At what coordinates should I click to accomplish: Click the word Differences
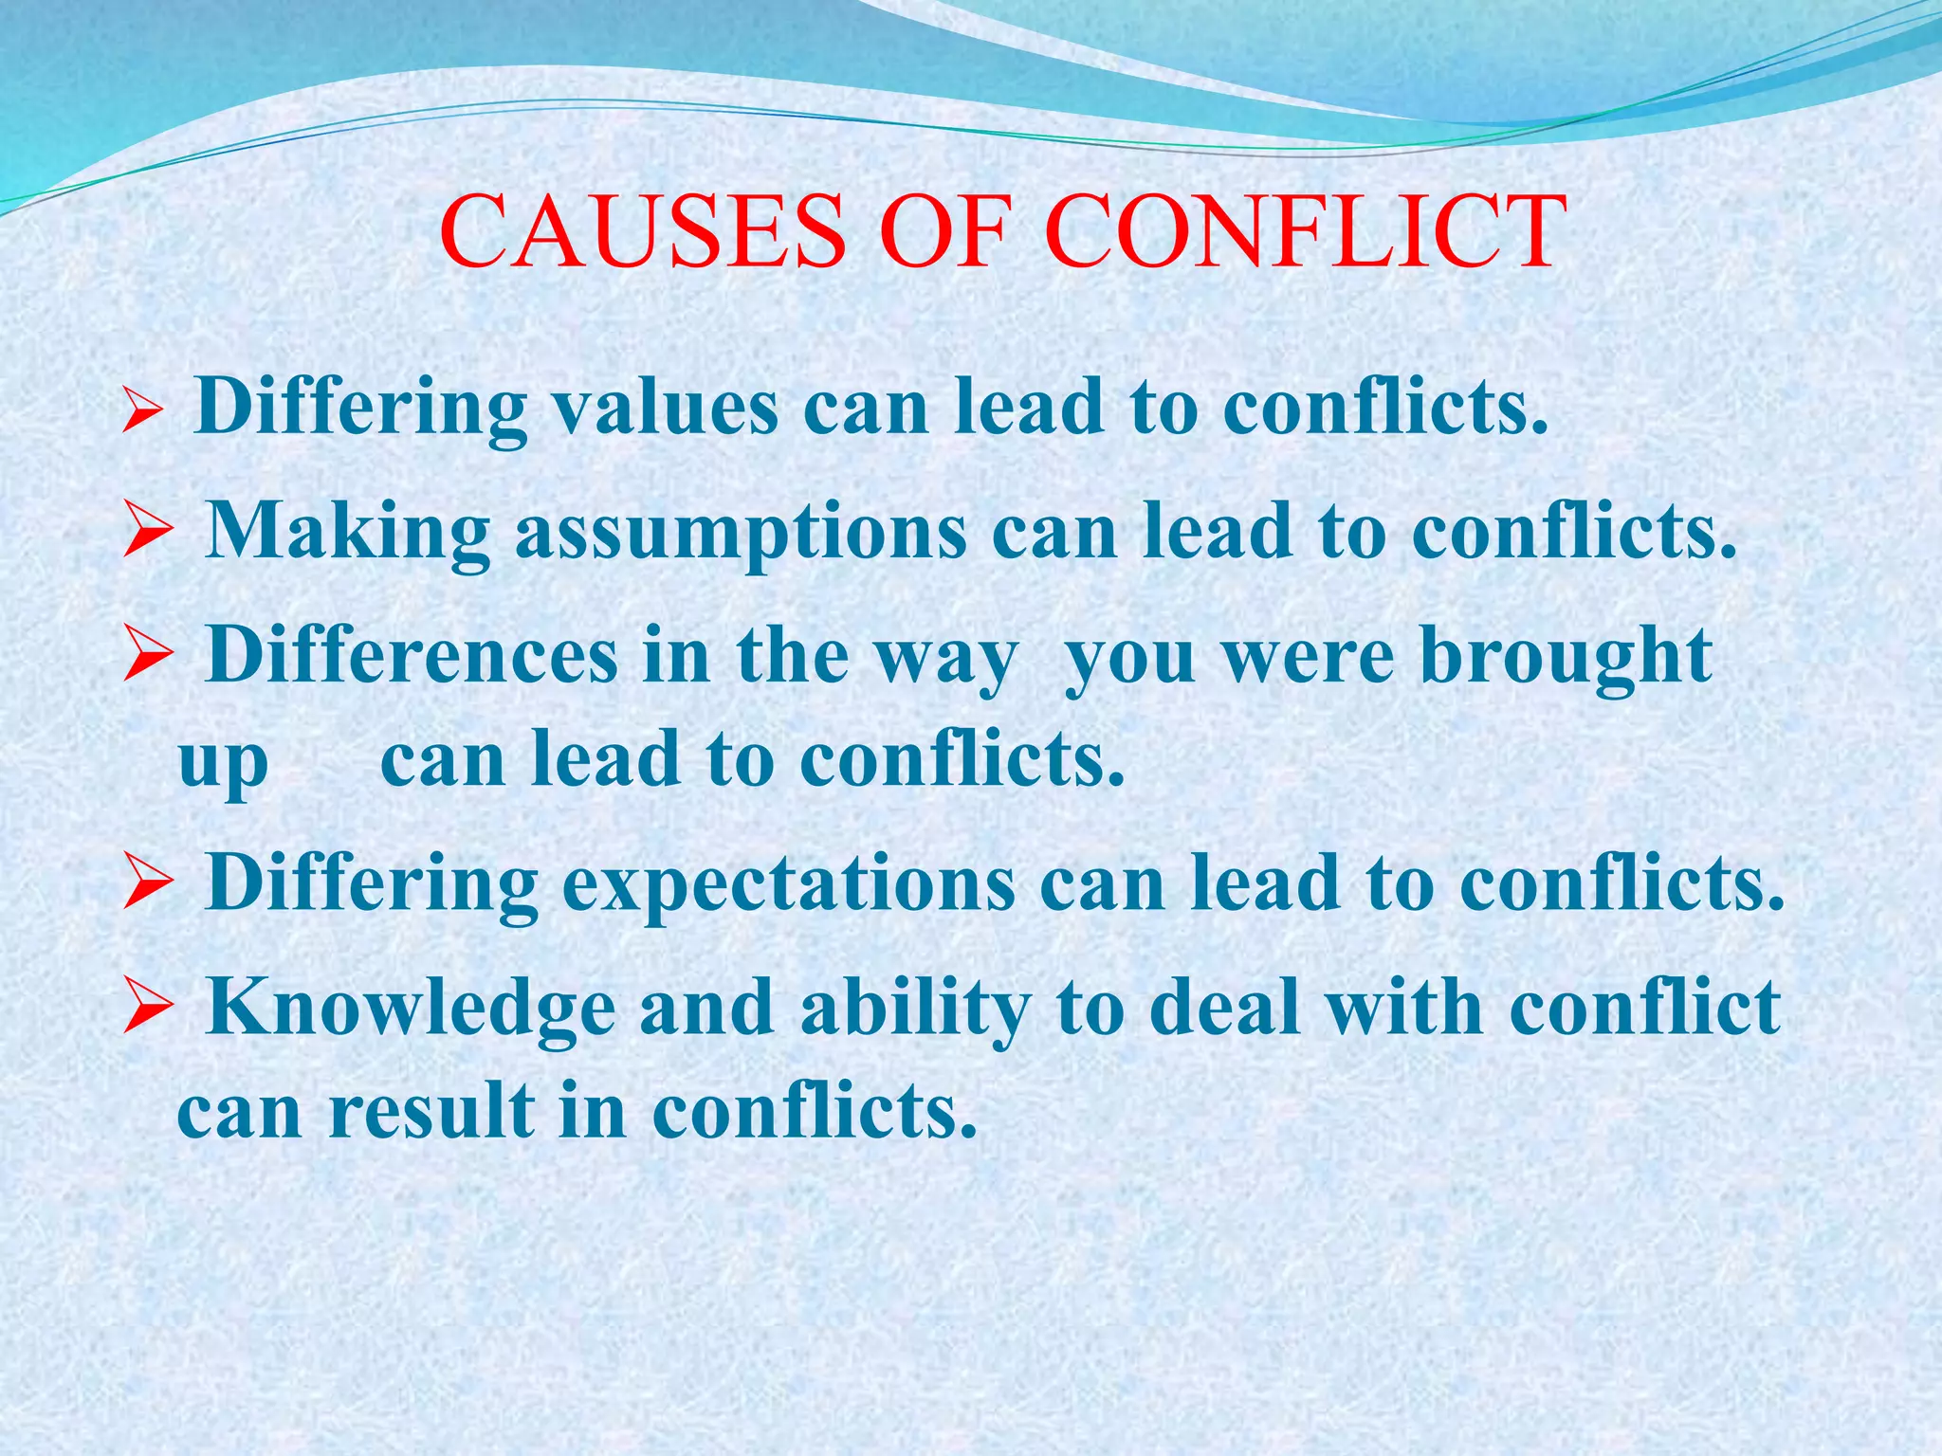tap(412, 655)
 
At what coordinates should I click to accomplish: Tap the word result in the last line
tap(431, 1111)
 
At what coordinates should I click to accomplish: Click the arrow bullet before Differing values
tap(144, 413)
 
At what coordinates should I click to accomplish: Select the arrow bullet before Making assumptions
tap(147, 536)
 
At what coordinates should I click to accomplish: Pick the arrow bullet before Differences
tap(147, 660)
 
